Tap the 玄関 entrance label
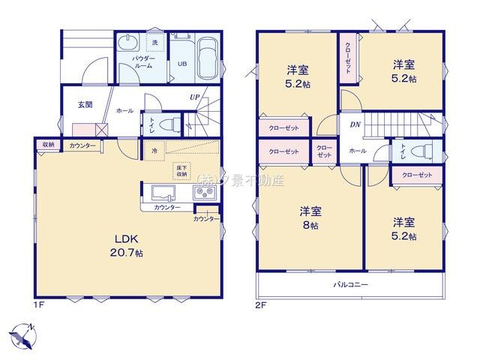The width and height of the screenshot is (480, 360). (84, 105)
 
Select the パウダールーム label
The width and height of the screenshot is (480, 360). (143, 61)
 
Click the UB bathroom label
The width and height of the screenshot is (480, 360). (181, 64)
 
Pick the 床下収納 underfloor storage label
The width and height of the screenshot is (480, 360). (182, 169)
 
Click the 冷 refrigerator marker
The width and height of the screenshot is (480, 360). (153, 150)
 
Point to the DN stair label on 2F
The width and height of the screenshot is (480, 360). (353, 124)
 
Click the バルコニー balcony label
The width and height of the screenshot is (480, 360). (350, 285)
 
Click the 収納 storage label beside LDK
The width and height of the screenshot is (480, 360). (48, 144)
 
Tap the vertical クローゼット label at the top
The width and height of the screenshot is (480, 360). (348, 57)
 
